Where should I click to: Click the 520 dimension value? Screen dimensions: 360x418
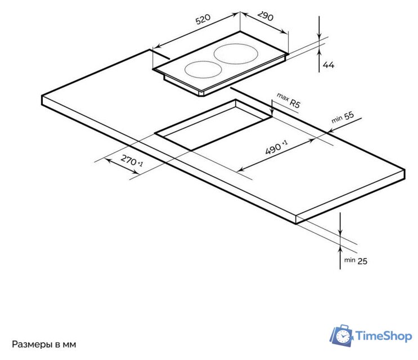[203, 20]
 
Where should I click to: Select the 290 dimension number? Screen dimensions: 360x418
[266, 17]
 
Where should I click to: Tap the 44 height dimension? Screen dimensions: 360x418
[329, 65]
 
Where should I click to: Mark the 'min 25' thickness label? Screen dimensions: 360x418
[355, 260]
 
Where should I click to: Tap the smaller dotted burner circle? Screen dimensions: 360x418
[201, 71]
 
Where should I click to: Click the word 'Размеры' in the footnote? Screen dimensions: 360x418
[30, 344]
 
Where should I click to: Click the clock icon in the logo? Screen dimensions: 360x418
[341, 336]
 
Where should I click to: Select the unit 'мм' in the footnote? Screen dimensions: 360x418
[69, 344]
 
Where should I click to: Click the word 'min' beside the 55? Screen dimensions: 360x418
[336, 119]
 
